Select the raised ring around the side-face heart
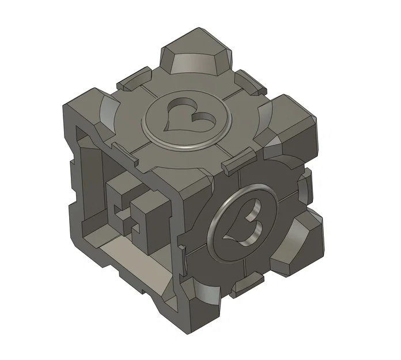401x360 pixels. point(218,231)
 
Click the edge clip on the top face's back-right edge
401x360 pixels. point(251,81)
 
